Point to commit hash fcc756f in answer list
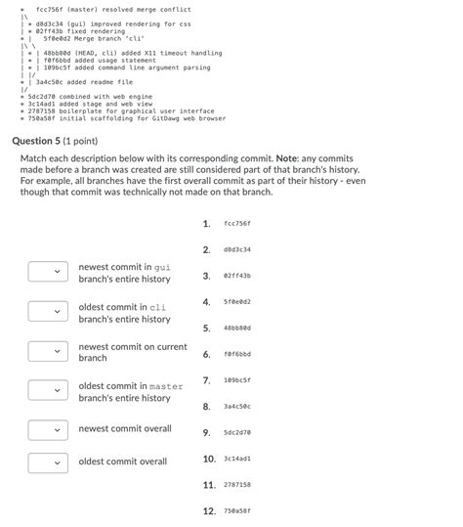236,224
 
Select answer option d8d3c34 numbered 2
236,249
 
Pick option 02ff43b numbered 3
236,276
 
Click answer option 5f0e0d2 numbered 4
236,302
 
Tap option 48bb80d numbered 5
236,328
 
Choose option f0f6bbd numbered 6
236,354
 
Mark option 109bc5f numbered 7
236,380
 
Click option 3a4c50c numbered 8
236,406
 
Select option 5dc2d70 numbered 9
236,432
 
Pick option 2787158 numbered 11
236,485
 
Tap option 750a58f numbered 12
236,510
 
